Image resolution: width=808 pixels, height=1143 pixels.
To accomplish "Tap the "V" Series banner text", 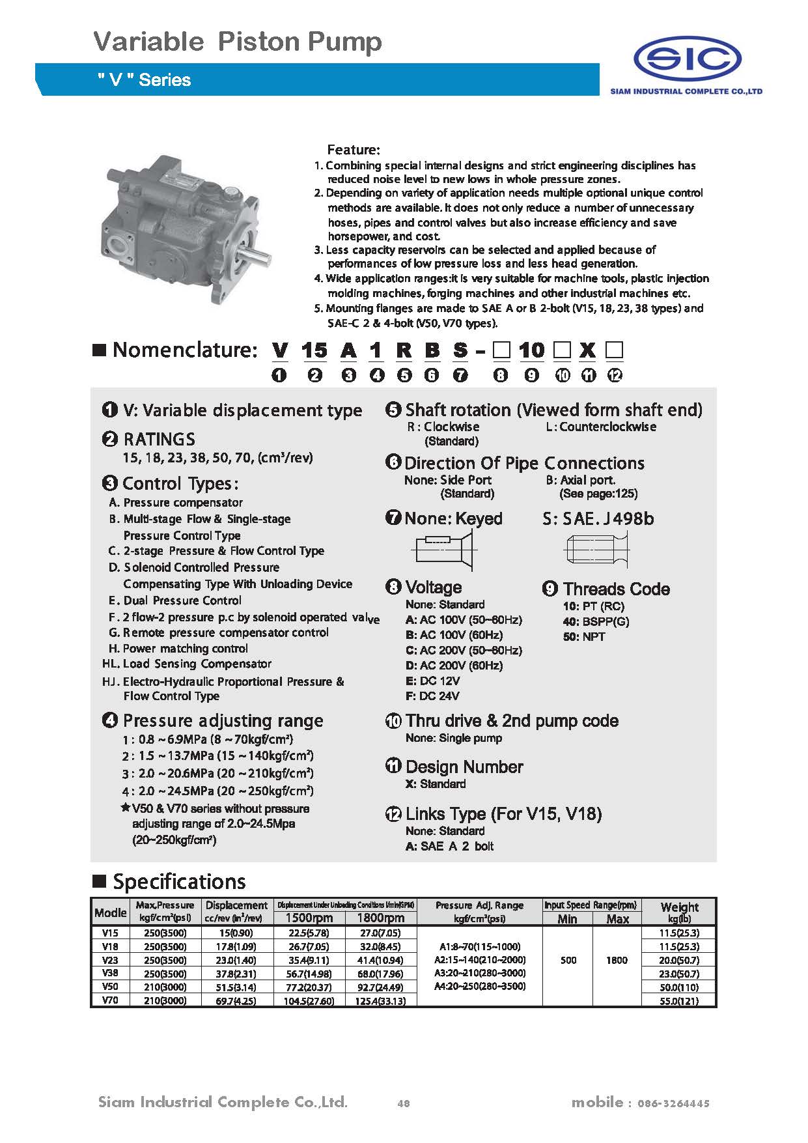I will (x=144, y=80).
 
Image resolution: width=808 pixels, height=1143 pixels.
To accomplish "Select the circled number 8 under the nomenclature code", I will (x=501, y=375).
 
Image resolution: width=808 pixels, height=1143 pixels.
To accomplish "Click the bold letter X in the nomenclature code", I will (x=587, y=350).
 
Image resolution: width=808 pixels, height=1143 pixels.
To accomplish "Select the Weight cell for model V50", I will (x=678, y=987).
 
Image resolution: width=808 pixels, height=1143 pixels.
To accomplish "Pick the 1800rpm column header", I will (x=380, y=918).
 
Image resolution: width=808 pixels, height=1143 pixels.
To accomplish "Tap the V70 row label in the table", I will (x=110, y=1000).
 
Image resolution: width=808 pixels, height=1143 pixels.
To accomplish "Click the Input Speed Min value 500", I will (x=568, y=960).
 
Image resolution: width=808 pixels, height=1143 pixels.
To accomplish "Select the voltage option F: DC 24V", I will (x=432, y=696).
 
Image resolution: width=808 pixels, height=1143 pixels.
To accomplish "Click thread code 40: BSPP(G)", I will (x=596, y=621).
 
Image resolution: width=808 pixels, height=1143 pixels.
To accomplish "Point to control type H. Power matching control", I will (x=178, y=649).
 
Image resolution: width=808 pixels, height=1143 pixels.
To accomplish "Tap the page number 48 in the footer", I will (x=403, y=1103).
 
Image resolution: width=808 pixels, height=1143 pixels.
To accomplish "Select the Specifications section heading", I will (x=179, y=882).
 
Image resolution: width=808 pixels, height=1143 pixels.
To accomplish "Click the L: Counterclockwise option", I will (x=600, y=427).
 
